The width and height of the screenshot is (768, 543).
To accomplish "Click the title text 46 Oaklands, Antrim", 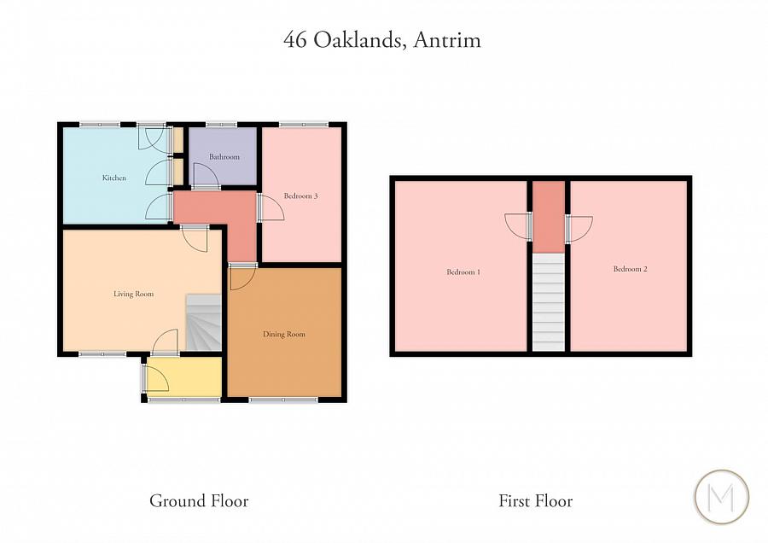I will [x=382, y=40].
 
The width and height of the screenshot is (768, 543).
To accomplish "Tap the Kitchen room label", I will [x=114, y=178].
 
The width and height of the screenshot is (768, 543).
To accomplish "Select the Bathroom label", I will [x=224, y=157].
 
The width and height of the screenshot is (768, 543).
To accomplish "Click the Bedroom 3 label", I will [x=301, y=196].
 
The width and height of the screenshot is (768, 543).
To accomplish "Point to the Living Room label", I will [x=134, y=294].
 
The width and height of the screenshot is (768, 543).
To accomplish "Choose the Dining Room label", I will [x=284, y=334].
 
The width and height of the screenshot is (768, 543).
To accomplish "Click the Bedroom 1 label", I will [x=463, y=272].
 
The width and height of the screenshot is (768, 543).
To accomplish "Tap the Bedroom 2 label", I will [x=630, y=269].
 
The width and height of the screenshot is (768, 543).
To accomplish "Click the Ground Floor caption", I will [x=199, y=501].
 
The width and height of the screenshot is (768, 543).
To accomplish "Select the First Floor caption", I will [x=535, y=501].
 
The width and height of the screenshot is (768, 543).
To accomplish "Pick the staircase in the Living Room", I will [x=204, y=323].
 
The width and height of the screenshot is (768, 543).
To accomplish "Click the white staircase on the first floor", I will [x=549, y=301].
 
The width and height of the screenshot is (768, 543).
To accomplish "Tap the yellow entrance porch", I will [x=183, y=377].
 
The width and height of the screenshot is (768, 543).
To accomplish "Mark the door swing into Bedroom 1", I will [x=519, y=226].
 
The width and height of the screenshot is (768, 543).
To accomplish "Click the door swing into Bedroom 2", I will [x=579, y=227].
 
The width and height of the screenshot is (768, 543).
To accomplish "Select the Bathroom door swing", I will [x=206, y=177].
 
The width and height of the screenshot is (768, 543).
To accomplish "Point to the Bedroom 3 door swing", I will [x=271, y=207].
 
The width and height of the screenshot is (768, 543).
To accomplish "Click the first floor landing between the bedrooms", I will [x=549, y=218].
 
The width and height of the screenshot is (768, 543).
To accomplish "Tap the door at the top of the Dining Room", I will [x=241, y=277].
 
